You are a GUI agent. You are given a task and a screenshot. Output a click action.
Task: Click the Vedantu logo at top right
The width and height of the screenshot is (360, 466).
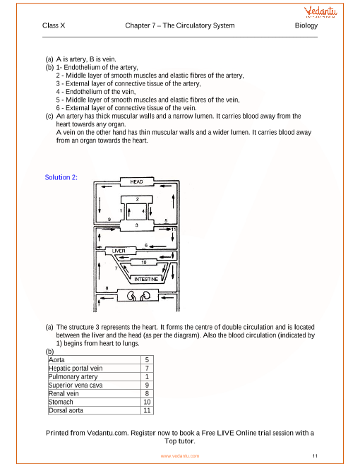tap(320, 12)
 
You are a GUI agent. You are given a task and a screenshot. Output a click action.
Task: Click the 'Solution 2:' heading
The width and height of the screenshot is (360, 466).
tap(61, 177)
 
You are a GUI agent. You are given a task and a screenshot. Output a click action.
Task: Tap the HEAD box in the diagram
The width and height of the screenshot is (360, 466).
tap(137, 181)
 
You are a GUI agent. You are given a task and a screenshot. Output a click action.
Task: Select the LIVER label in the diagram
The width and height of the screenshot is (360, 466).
tap(119, 251)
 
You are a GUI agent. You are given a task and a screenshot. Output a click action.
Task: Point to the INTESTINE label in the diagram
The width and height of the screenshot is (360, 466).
tap(146, 279)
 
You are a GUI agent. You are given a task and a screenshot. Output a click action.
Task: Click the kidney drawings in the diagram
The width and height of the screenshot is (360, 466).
tap(139, 295)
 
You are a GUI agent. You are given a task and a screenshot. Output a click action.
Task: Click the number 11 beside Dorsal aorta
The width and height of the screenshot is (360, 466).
tap(147, 410)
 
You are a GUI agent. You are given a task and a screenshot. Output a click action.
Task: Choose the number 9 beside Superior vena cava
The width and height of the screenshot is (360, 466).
tap(147, 386)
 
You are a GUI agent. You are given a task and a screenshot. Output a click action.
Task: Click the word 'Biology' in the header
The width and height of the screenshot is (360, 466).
tap(306, 25)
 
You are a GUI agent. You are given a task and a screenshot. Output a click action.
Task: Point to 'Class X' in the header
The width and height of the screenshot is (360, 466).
tap(54, 25)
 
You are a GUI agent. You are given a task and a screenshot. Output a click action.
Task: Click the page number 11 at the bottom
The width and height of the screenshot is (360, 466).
tap(315, 455)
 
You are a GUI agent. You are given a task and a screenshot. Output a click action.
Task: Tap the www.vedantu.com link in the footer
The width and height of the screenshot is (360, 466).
tap(180, 456)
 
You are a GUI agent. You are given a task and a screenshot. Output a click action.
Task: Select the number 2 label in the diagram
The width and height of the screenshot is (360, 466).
tap(137, 199)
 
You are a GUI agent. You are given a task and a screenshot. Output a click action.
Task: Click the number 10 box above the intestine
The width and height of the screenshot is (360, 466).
tap(144, 262)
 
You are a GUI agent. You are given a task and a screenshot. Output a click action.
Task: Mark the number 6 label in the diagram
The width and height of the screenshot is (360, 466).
tap(146, 246)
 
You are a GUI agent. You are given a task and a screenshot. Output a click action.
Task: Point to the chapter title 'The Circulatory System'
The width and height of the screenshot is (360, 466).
tap(199, 25)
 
